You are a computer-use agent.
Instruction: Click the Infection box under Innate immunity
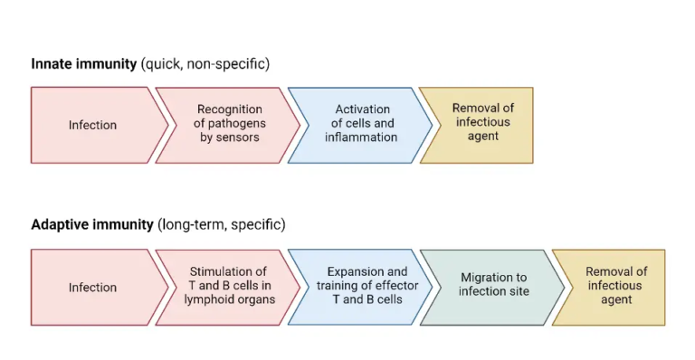pyautogui.click(x=93, y=125)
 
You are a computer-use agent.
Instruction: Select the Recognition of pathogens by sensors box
pyautogui.click(x=229, y=124)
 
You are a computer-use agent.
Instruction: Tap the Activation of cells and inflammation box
pyautogui.click(x=361, y=124)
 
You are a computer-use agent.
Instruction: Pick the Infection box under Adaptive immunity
pyautogui.click(x=93, y=288)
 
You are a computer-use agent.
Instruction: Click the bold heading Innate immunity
pyautogui.click(x=84, y=64)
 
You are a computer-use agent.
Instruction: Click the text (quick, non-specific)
pyautogui.click(x=205, y=64)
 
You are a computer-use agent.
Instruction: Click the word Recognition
pyautogui.click(x=229, y=110)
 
